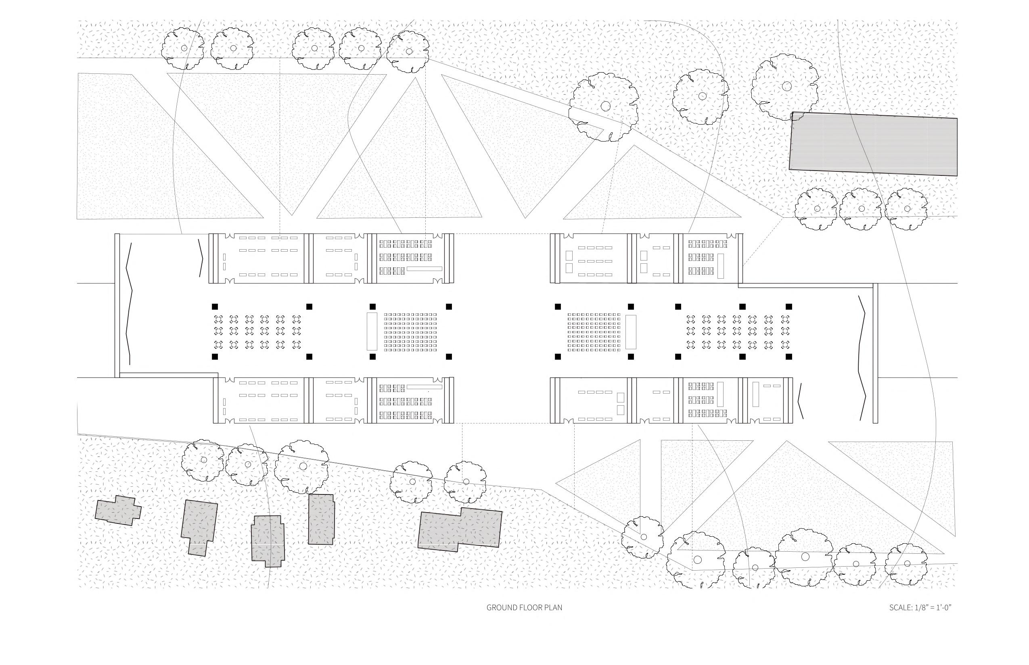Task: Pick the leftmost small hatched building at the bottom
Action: pos(118,511)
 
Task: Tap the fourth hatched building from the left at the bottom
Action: pos(321,519)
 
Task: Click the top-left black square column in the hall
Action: pos(215,306)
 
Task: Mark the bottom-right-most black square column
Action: pos(789,356)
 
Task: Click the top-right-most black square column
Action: pos(789,306)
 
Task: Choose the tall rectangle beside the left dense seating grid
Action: pos(372,331)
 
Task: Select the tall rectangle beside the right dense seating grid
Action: pos(631,331)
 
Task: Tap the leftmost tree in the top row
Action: pos(184,48)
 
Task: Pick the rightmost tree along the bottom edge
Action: pos(906,563)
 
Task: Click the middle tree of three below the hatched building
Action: pos(862,208)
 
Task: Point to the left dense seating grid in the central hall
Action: pos(410,331)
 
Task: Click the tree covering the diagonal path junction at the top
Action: pos(604,106)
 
